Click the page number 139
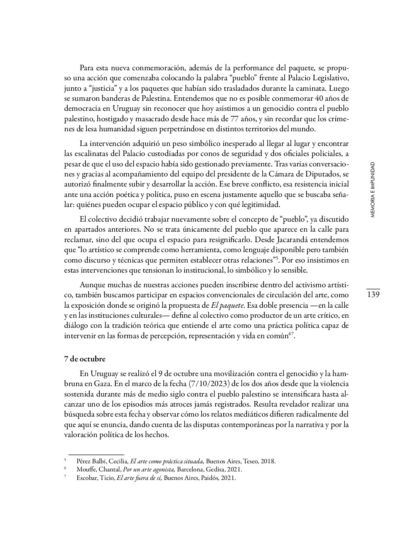point(373,295)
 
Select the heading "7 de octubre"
point(85,359)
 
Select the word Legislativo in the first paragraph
point(329,78)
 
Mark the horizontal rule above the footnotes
point(96,454)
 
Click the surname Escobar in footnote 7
point(88,478)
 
